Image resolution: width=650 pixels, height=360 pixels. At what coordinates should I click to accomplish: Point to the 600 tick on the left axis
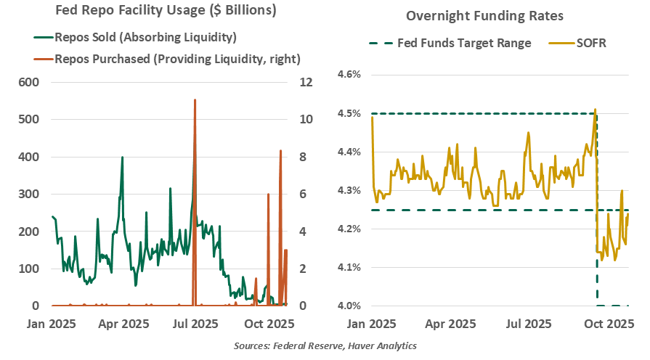tap(29, 82)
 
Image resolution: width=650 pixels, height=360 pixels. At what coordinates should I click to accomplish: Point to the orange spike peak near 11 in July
tap(195, 100)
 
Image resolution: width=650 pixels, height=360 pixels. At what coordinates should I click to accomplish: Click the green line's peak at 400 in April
tap(122, 157)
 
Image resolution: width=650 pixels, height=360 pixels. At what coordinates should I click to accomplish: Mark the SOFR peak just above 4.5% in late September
tap(596, 110)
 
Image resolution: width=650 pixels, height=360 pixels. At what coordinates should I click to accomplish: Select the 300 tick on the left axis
tap(29, 194)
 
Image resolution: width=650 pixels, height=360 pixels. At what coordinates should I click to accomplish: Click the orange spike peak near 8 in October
tap(280, 151)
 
